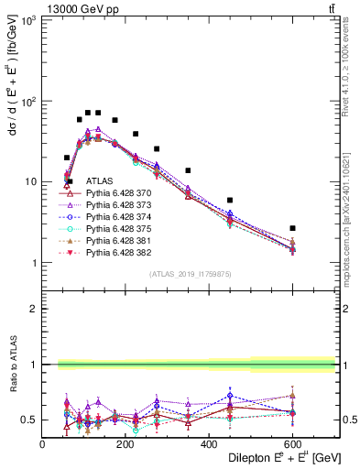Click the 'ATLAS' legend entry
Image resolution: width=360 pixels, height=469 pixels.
[x=100, y=183]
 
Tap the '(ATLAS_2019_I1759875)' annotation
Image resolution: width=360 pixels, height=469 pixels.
[x=191, y=273]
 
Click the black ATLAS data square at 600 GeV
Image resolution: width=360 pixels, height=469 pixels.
[x=293, y=228]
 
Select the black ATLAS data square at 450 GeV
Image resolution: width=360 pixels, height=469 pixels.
[x=230, y=200]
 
